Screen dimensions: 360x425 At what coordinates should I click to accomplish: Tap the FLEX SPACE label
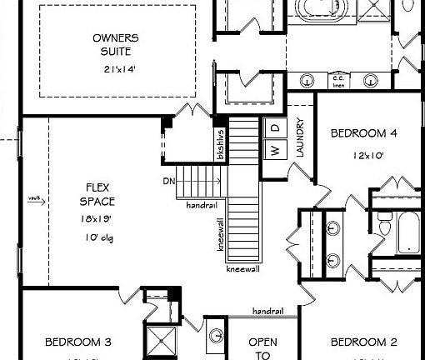coord(97,194)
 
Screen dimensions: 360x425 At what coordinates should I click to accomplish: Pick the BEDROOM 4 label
coord(364,132)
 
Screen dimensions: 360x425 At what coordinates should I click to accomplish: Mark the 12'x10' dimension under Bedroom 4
coord(364,154)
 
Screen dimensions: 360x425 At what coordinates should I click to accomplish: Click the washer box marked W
coord(272,150)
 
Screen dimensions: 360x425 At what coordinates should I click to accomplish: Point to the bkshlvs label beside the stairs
coord(221,143)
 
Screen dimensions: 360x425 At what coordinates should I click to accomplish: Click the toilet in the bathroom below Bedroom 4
coord(384,226)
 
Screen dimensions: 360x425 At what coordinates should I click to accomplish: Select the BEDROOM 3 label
coord(78,342)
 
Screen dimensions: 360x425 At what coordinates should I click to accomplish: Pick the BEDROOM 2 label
coord(364,342)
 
